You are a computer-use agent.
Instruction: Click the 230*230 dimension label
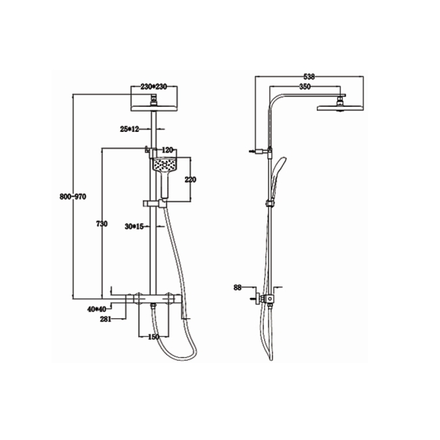[x=157, y=87]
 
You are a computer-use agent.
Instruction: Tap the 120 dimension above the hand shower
[x=167, y=150]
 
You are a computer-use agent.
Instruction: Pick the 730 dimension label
[x=102, y=224]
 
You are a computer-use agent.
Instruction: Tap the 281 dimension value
[x=106, y=319]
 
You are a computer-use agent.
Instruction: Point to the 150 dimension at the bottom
[x=154, y=336]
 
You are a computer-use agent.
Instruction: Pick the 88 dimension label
[x=238, y=288]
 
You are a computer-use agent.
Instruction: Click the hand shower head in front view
[x=164, y=164]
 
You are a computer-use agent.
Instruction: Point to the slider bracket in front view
[x=155, y=202]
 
